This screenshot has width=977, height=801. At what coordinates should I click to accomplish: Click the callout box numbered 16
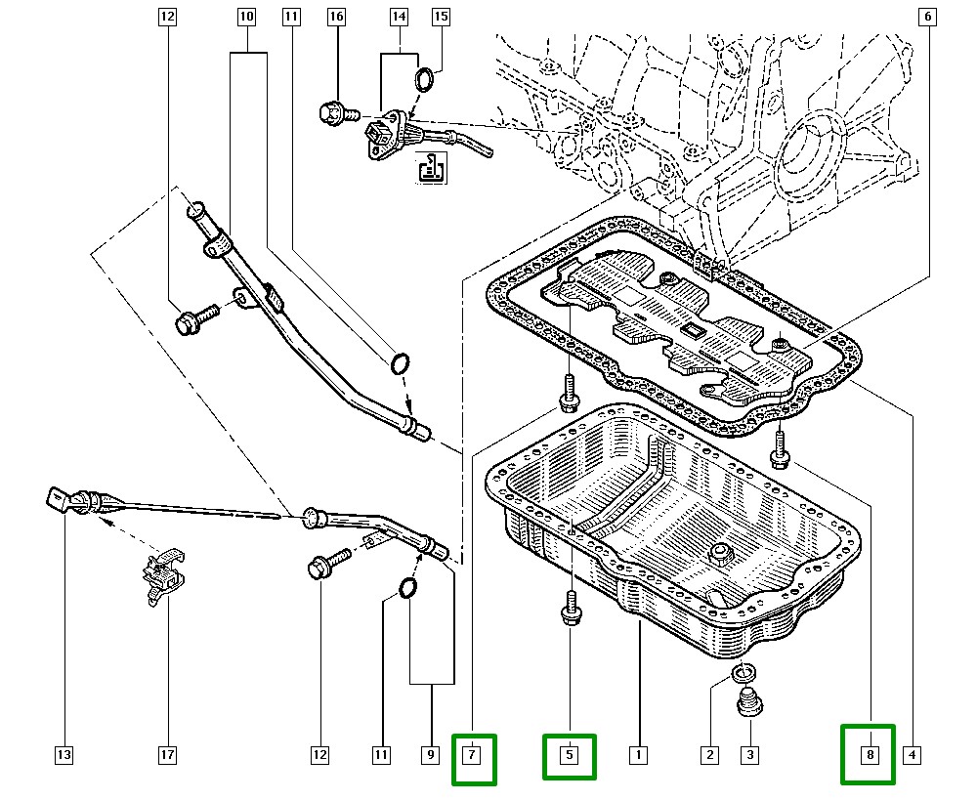(x=337, y=17)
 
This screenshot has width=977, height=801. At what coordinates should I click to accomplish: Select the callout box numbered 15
(x=441, y=17)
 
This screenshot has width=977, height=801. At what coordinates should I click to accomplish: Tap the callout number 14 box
(x=399, y=17)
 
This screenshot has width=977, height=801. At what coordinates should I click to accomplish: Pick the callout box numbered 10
(x=246, y=17)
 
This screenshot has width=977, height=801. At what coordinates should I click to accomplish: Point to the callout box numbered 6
(x=928, y=17)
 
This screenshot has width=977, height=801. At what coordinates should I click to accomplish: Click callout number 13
(x=64, y=754)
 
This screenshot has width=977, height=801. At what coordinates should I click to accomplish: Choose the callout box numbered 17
(x=167, y=754)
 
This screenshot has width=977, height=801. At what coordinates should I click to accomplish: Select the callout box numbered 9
(x=430, y=754)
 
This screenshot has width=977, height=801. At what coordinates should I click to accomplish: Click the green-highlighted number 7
(x=473, y=758)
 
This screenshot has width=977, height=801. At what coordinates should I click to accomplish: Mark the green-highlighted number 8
(x=868, y=753)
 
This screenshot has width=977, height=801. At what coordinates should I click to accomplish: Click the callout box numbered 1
(x=638, y=754)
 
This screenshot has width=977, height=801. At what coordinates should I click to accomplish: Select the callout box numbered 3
(x=749, y=754)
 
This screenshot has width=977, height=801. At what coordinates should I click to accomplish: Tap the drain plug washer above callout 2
(x=744, y=673)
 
